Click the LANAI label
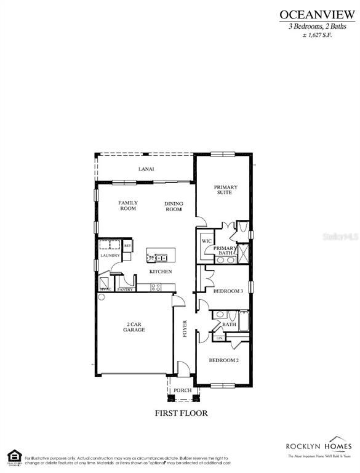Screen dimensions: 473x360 146,169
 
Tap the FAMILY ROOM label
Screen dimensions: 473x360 128,206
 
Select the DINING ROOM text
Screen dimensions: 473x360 174,206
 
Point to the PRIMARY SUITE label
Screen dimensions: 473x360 225,190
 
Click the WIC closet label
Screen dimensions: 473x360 206,240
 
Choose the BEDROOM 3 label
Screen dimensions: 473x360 228,291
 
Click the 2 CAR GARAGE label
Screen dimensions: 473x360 134,327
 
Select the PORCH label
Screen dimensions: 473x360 182,390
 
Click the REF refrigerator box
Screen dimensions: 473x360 127,246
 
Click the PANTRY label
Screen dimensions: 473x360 126,289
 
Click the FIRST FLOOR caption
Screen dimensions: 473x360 181,413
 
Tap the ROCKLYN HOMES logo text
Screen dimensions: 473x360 318,446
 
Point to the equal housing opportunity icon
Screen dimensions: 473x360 12,457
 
